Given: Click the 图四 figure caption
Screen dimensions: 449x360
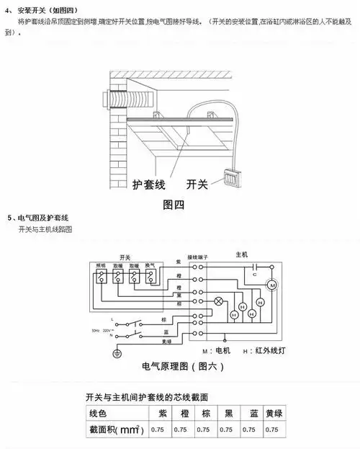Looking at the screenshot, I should pyautogui.click(x=174, y=204).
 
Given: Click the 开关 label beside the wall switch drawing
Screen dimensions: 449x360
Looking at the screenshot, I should pyautogui.click(x=197, y=185).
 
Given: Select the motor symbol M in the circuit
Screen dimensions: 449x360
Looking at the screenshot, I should pyautogui.click(x=273, y=286).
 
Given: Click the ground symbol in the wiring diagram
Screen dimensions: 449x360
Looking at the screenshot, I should pyautogui.click(x=116, y=352).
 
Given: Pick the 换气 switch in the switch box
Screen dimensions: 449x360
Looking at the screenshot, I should pyautogui.click(x=150, y=275).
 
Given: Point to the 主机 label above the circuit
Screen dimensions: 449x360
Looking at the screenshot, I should pyautogui.click(x=241, y=255).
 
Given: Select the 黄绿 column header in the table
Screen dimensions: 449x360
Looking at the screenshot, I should pyautogui.click(x=272, y=414).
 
